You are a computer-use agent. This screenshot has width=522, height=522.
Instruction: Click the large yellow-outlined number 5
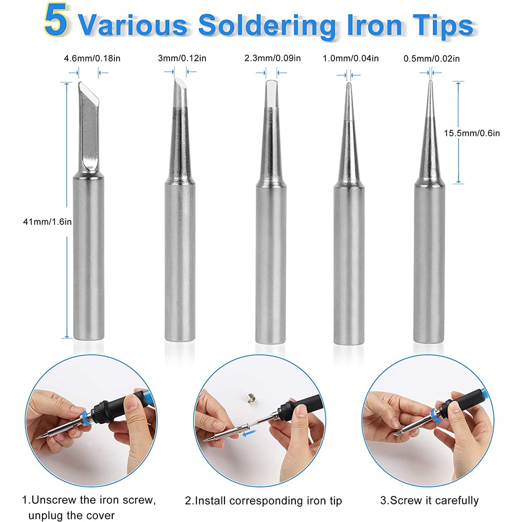point(55,20)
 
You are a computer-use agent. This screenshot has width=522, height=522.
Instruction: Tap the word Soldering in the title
point(267,26)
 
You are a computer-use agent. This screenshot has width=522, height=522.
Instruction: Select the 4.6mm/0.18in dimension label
point(92,59)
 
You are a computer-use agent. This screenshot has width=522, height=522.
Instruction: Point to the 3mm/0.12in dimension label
point(182,58)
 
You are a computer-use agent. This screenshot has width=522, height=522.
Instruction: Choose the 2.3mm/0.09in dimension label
point(272,58)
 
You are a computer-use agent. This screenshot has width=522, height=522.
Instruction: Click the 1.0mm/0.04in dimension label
point(351,58)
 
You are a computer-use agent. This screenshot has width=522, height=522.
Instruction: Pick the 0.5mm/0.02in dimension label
point(432,59)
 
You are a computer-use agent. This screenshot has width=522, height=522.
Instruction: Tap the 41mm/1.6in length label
point(47,222)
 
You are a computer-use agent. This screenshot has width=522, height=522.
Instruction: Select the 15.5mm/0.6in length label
point(472,133)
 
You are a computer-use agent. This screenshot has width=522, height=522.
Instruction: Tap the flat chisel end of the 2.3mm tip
point(271,94)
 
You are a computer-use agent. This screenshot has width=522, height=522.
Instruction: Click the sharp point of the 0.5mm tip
point(431,81)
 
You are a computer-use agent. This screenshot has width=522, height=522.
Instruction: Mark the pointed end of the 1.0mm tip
point(349,84)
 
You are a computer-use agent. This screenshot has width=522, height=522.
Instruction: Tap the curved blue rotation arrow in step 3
point(435,416)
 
